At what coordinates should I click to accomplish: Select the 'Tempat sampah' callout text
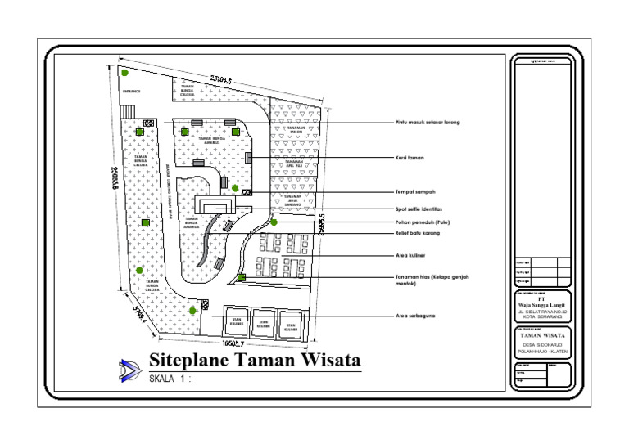(414, 192)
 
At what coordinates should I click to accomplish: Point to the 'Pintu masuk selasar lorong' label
(427, 123)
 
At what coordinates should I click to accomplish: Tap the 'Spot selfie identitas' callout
(419, 209)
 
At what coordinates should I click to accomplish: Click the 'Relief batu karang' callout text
(417, 233)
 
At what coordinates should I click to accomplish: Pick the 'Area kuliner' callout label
(412, 256)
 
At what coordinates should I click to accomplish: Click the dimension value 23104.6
(221, 80)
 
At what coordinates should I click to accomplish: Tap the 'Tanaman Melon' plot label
(296, 131)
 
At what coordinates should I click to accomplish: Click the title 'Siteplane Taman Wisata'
(255, 361)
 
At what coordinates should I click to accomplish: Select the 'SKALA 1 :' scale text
(171, 380)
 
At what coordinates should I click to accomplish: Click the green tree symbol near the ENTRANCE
(124, 73)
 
